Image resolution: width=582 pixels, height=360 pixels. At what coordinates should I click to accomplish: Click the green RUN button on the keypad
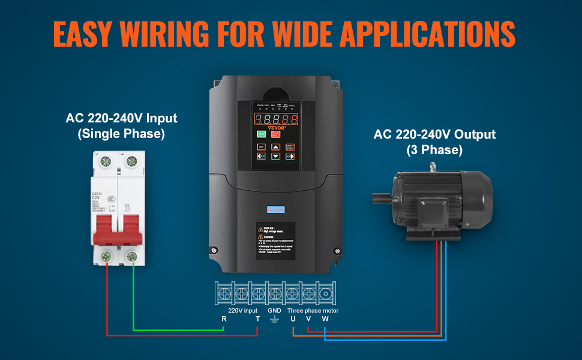tap(262, 134)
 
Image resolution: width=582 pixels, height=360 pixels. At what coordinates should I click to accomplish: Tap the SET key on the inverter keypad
tap(262, 146)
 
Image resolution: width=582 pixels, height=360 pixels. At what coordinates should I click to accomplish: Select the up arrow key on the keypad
tap(275, 146)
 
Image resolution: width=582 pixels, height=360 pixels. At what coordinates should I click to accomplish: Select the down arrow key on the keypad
tap(275, 157)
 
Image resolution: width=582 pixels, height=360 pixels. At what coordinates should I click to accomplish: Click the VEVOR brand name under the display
tap(277, 127)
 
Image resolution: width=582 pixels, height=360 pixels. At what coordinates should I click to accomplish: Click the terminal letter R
tap(224, 319)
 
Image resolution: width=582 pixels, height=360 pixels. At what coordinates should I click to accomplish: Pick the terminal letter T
tap(257, 319)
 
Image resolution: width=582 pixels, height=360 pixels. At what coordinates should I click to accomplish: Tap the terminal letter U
tap(293, 319)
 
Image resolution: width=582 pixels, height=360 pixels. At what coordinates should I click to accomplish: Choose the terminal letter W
tap(325, 319)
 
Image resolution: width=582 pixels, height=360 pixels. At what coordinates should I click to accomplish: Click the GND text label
tap(274, 310)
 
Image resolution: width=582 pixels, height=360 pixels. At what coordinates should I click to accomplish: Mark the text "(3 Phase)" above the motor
tap(434, 151)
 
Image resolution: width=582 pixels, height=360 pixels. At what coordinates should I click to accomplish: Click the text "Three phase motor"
tap(313, 310)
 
